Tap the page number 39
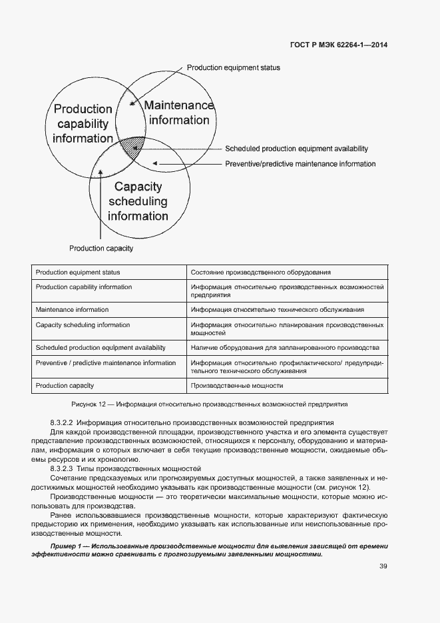click(x=383, y=566)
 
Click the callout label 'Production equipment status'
click(x=233, y=68)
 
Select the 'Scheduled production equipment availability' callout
click(x=296, y=149)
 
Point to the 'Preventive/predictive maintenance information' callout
click(x=300, y=164)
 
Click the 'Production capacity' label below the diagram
click(x=101, y=249)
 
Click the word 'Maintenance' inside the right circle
click(x=179, y=106)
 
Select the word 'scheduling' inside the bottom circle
click(x=138, y=201)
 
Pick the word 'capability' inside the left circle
click(x=83, y=124)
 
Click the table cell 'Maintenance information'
click(x=72, y=310)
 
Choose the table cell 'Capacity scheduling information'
click(x=83, y=325)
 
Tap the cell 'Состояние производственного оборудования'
click(x=261, y=273)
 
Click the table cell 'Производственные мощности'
click(x=237, y=386)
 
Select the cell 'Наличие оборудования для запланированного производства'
click(x=285, y=348)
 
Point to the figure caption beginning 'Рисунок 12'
click(x=209, y=404)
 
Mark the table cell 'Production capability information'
click(x=84, y=287)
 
